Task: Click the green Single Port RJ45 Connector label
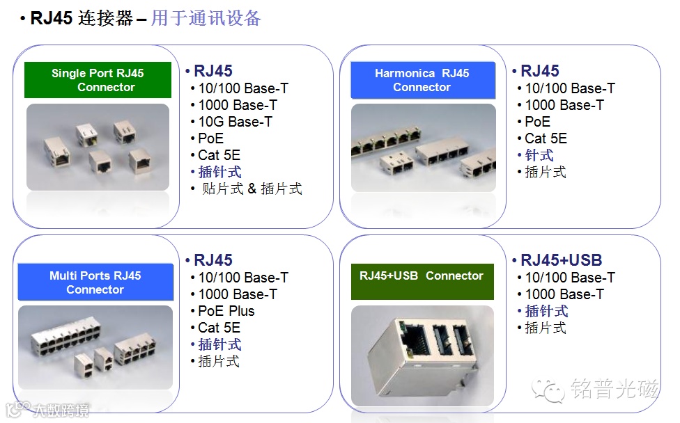98,80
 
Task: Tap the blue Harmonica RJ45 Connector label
422,80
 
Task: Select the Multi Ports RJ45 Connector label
95,282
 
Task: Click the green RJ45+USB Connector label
422,276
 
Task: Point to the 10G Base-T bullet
235,122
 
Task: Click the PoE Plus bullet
226,311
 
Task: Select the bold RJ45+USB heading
561,260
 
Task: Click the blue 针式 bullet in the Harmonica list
539,155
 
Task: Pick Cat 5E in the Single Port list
219,155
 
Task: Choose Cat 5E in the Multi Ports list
219,328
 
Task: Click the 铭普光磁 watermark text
615,389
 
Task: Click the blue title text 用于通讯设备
206,18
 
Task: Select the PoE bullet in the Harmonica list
537,122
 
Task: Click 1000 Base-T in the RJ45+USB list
564,294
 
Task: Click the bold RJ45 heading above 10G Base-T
212,71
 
